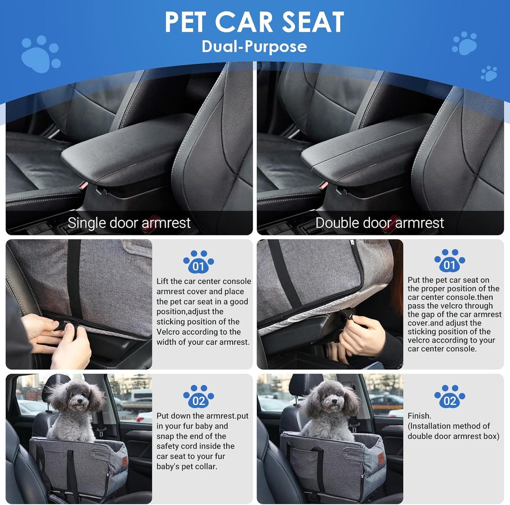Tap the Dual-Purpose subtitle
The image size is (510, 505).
click(x=254, y=47)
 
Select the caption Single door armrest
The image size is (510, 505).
click(x=129, y=223)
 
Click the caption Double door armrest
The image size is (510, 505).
click(x=380, y=223)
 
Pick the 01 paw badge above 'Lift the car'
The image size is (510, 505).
click(x=198, y=262)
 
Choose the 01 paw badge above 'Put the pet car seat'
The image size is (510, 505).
click(x=449, y=261)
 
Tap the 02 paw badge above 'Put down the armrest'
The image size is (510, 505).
click(x=198, y=397)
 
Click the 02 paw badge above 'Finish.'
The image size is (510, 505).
click(x=449, y=397)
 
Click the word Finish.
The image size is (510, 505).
click(x=419, y=416)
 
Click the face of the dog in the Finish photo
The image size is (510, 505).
click(x=330, y=400)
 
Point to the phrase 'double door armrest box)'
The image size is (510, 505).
click(x=454, y=436)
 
